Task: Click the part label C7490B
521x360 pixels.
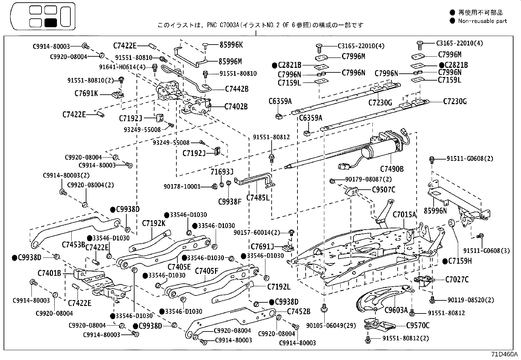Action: tap(392, 169)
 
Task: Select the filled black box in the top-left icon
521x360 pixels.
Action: tap(51, 23)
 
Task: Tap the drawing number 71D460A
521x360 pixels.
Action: tap(504, 355)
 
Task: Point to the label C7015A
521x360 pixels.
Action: tap(404, 215)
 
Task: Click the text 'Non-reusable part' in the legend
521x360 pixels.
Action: tap(482, 21)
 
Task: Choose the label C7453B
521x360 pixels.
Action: tap(73, 244)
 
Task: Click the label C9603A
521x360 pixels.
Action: tap(396, 310)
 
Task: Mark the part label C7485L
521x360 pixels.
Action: tap(258, 198)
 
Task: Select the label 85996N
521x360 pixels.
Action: tap(435, 211)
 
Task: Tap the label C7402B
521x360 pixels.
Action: tap(236, 106)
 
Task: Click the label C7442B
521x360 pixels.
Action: tap(237, 89)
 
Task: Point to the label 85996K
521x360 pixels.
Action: tap(231, 45)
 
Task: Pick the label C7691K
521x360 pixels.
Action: tap(86, 94)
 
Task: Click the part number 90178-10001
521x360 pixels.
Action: tap(182, 186)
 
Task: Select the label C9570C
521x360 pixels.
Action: tap(418, 326)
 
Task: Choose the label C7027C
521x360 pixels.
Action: tap(457, 279)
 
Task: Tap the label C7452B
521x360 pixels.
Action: tap(299, 311)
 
